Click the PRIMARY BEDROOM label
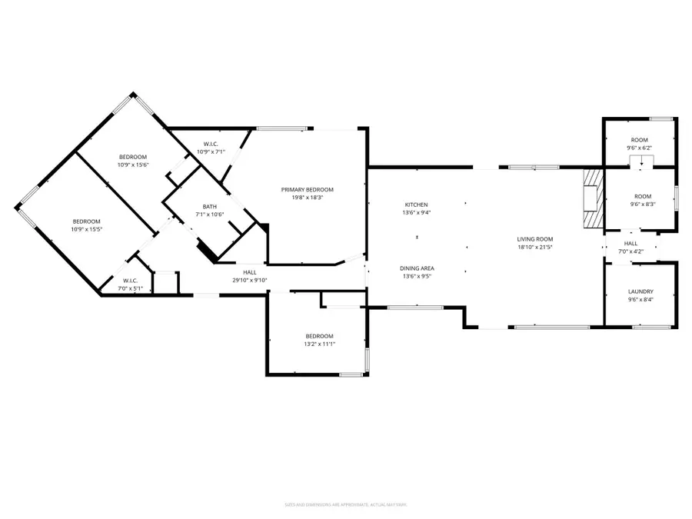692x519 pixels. coord(308,189)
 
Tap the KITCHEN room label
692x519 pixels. coord(416,205)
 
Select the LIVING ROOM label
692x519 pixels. coord(535,239)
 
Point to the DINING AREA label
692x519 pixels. coord(416,268)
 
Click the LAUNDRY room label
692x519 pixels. coord(640,291)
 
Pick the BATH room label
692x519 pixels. coord(210,206)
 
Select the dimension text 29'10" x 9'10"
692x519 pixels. coord(250,280)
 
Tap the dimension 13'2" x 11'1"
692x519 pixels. coord(319,344)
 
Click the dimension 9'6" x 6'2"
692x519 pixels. coord(640,148)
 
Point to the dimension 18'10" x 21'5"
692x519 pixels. coord(535,248)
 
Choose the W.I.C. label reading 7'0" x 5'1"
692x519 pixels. coord(129,289)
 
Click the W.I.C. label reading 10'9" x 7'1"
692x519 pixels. coord(210,151)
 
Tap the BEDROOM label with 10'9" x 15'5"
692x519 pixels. coord(87,221)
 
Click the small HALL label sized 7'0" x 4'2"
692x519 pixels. coord(631,243)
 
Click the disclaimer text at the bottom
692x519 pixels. coord(345,505)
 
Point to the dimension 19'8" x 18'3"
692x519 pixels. coord(308,198)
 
